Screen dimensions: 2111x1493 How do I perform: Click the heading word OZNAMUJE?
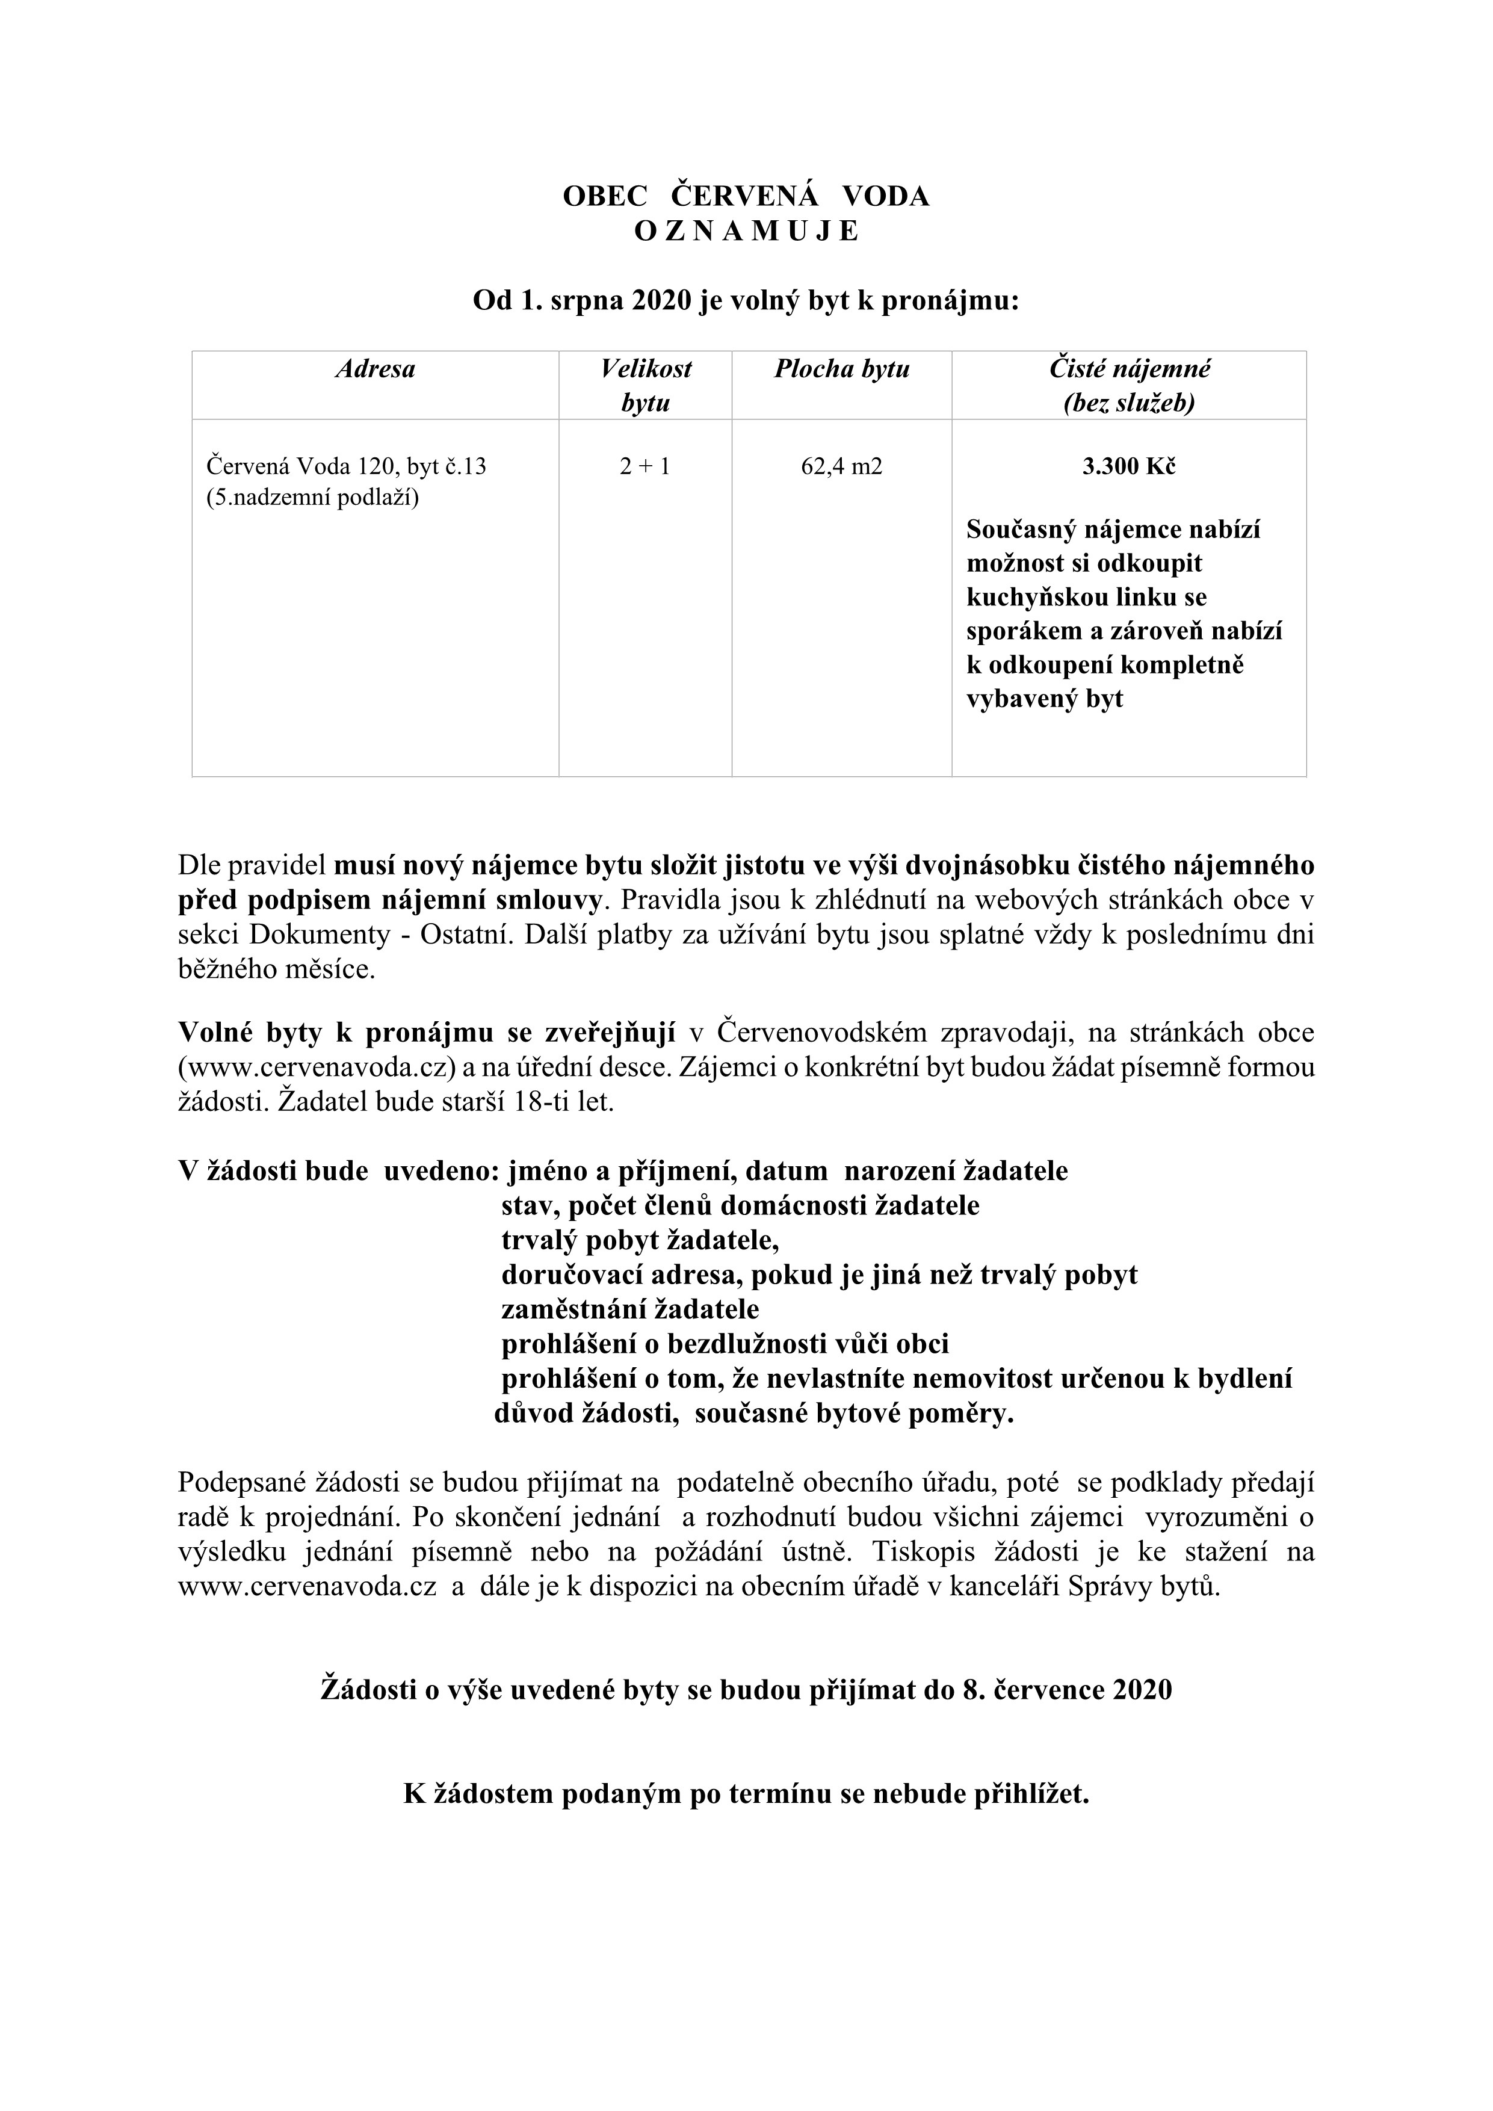(x=746, y=232)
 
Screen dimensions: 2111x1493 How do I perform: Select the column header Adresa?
(x=375, y=369)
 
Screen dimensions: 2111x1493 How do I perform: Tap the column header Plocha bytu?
(x=841, y=369)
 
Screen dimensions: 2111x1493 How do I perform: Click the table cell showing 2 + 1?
(x=644, y=466)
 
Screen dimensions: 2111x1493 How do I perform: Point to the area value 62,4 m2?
(x=841, y=466)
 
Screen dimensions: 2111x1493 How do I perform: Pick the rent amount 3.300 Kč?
(x=1129, y=466)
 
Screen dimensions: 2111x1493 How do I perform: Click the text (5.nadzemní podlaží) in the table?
(x=312, y=500)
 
